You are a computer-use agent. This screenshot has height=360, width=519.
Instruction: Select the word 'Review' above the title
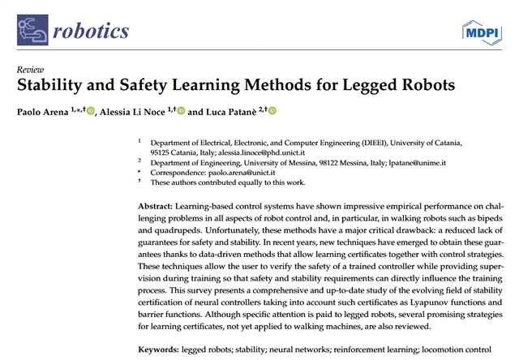[30, 70]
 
